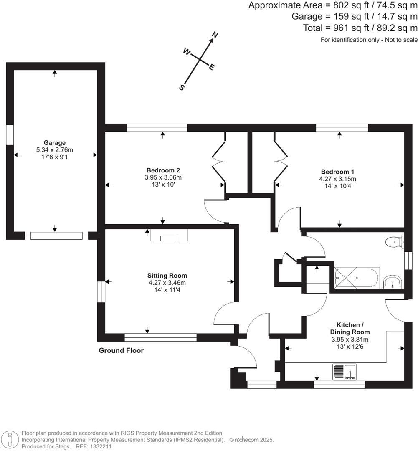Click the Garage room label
pyautogui.click(x=54, y=142)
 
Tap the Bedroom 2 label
pyautogui.click(x=163, y=170)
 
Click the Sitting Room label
pyautogui.click(x=167, y=276)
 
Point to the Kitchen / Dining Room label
pyautogui.click(x=353, y=328)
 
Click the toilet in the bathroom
pyautogui.click(x=394, y=242)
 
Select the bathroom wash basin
pyautogui.click(x=393, y=281)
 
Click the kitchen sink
pyautogui.click(x=345, y=371)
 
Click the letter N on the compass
pyautogui.click(x=215, y=35)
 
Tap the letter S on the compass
pyautogui.click(x=182, y=87)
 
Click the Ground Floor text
pyautogui.click(x=121, y=350)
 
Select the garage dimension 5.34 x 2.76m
pyautogui.click(x=54, y=149)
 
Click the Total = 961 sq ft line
pyautogui.click(x=360, y=28)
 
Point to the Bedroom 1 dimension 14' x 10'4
pyautogui.click(x=337, y=186)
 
